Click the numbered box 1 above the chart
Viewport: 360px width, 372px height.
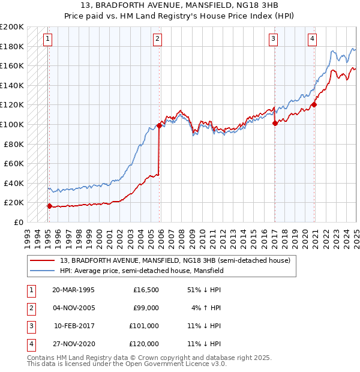tap(47, 40)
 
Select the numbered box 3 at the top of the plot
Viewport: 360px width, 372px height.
tap(273, 40)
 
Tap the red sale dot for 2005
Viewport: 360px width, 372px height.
tap(160, 125)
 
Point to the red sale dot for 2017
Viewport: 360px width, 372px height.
tap(275, 124)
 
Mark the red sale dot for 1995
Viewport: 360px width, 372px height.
tap(49, 206)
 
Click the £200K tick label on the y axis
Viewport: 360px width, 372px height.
tap(12, 27)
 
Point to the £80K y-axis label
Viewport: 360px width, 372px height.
tap(14, 144)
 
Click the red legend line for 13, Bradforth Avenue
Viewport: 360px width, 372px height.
tap(43, 261)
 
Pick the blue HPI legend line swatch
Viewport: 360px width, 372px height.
tap(43, 271)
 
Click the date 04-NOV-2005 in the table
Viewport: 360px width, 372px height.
tap(73, 308)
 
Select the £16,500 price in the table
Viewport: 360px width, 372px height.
tap(146, 290)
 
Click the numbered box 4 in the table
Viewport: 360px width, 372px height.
tap(30, 344)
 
